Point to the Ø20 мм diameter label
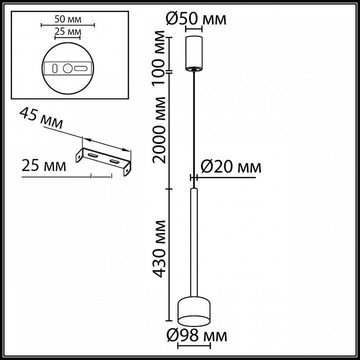pyautogui.click(x=230, y=166)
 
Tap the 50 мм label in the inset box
pyautogui.click(x=67, y=20)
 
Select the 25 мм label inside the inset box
pyautogui.click(x=67, y=32)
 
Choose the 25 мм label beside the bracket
pyautogui.click(x=44, y=166)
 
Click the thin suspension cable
pyautogui.click(x=194, y=125)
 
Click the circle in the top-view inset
pyautogui.click(x=67, y=67)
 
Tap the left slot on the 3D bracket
pyautogui.click(x=92, y=157)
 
